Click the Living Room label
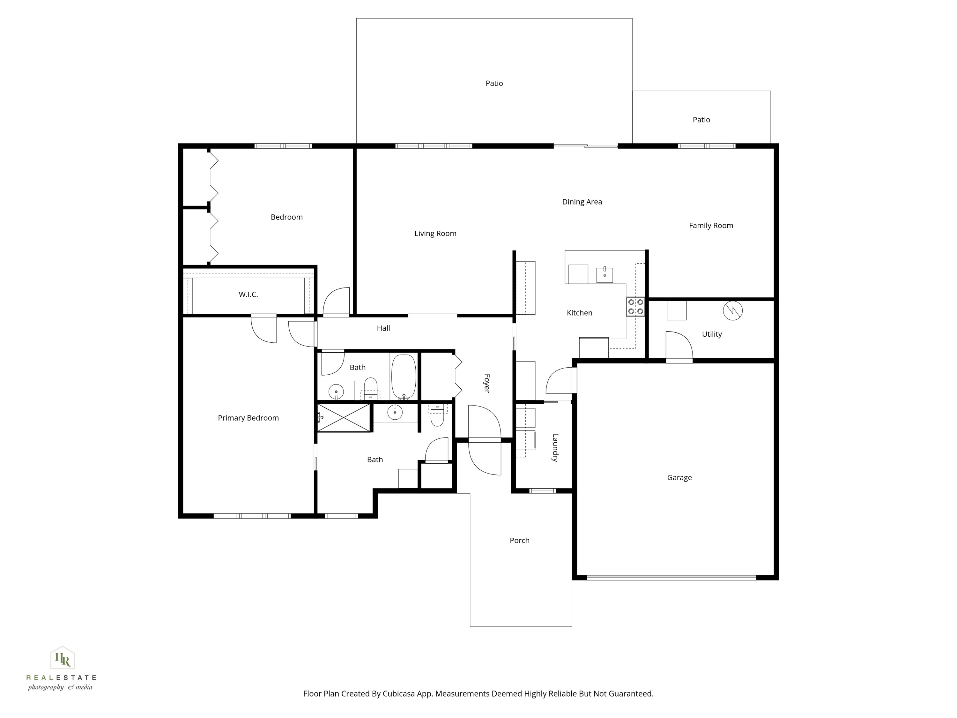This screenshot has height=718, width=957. [x=435, y=234]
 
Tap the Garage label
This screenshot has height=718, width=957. [x=679, y=477]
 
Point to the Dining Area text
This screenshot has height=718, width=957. [x=582, y=202]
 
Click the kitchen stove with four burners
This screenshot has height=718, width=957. [x=635, y=306]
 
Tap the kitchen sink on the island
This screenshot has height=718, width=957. [x=605, y=275]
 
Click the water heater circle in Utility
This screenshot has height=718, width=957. [x=733, y=310]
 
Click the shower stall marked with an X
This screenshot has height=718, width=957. [x=344, y=418]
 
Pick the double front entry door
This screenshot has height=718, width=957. [x=485, y=440]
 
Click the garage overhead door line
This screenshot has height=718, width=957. [x=671, y=577]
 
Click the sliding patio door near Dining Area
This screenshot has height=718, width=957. [x=586, y=146]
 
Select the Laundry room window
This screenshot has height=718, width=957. [x=543, y=491]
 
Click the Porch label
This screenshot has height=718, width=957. [x=519, y=541]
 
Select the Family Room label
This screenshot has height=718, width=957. [x=711, y=226]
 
